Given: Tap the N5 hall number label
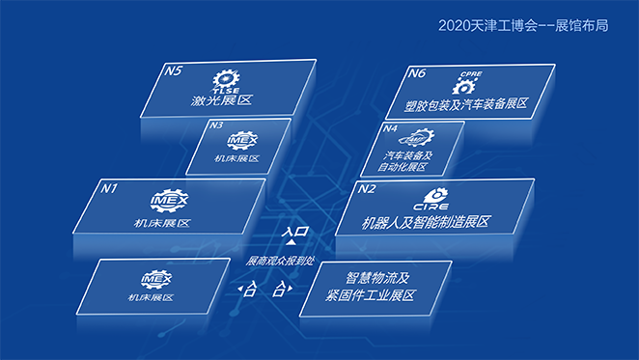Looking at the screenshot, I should click(x=175, y=70).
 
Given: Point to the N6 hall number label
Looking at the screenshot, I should click(x=417, y=72).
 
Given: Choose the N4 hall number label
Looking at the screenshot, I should click(x=391, y=128).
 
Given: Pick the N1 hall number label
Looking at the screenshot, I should click(x=109, y=187).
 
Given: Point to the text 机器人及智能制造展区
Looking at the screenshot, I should click(x=414, y=223).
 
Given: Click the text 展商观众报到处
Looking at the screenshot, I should click(x=281, y=261).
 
